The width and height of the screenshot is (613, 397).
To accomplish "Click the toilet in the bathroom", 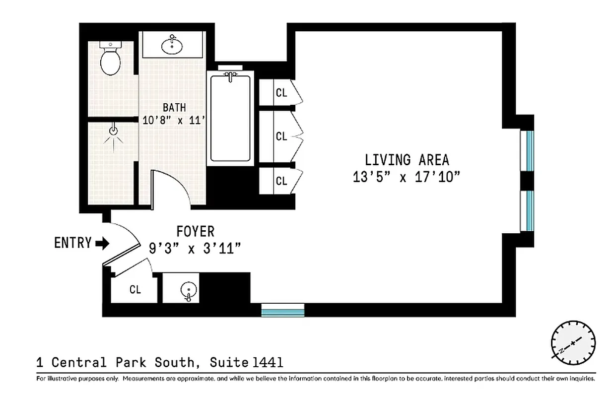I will (110, 59).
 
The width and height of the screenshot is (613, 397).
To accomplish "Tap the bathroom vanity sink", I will (172, 46).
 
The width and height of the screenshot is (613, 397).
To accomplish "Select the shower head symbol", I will (114, 133).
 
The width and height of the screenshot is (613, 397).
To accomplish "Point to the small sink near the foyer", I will (189, 289).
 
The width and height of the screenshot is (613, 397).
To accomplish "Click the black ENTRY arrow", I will (102, 243).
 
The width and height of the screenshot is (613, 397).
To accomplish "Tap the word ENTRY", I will (72, 243).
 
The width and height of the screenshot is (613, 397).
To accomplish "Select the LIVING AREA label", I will (407, 160).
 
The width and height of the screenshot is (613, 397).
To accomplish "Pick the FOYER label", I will (196, 232).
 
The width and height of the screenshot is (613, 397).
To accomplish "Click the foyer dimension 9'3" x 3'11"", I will (195, 248).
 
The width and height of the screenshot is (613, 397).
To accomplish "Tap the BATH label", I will (175, 107).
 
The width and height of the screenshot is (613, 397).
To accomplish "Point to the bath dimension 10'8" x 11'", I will (174, 120).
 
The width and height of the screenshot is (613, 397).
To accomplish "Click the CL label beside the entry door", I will (135, 289).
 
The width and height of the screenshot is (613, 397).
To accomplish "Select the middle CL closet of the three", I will (281, 135).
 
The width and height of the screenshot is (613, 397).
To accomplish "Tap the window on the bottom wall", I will (282, 311).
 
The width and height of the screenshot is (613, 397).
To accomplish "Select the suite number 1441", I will (268, 362).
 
